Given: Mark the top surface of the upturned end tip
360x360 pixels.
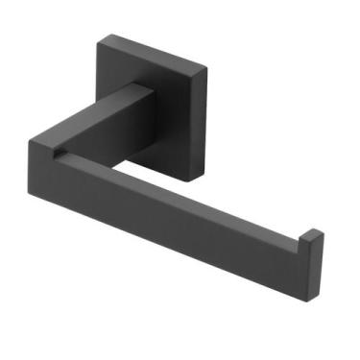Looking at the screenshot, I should coord(315,233).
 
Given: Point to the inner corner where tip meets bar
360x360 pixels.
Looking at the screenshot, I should coord(303,240).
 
